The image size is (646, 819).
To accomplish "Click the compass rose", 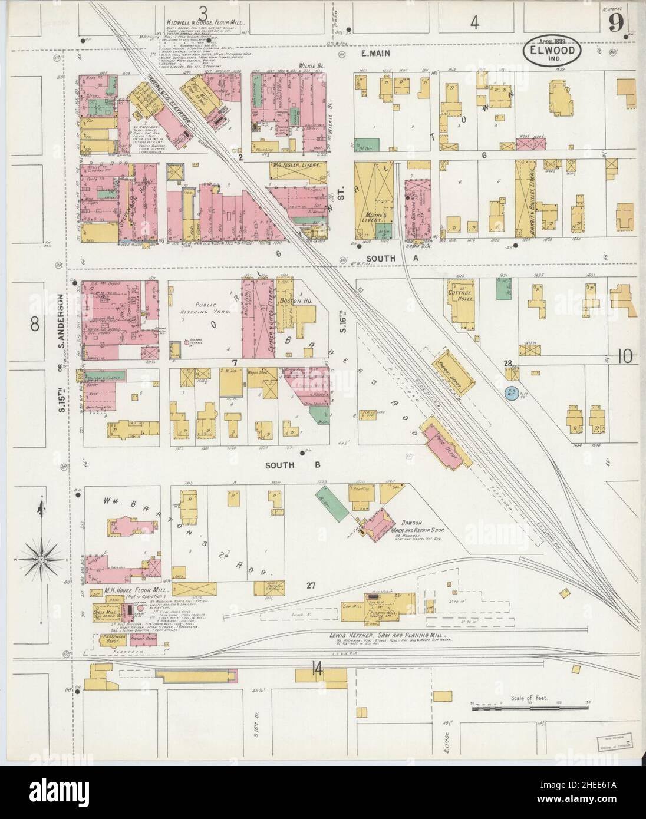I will click(40, 556).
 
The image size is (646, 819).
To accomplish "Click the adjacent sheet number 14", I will click(318, 668).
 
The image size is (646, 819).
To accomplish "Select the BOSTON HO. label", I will click(306, 300).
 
